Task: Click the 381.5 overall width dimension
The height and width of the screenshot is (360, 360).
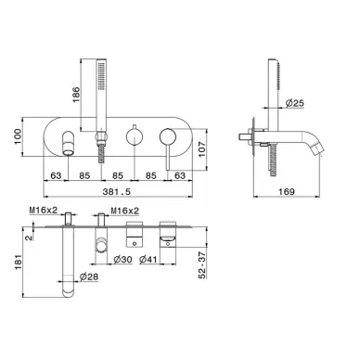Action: click(117, 192)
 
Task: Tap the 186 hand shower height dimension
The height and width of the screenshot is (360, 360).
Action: click(76, 95)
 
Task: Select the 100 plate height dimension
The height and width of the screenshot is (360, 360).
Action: click(18, 136)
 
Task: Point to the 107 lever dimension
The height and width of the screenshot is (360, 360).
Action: click(201, 149)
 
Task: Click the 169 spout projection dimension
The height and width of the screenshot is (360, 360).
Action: click(287, 192)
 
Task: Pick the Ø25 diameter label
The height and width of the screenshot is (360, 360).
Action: click(294, 103)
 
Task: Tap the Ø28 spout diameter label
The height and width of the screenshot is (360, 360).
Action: click(89, 277)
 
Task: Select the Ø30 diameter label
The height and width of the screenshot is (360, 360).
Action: click(122, 260)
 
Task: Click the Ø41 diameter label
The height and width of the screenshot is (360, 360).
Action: click(148, 260)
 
